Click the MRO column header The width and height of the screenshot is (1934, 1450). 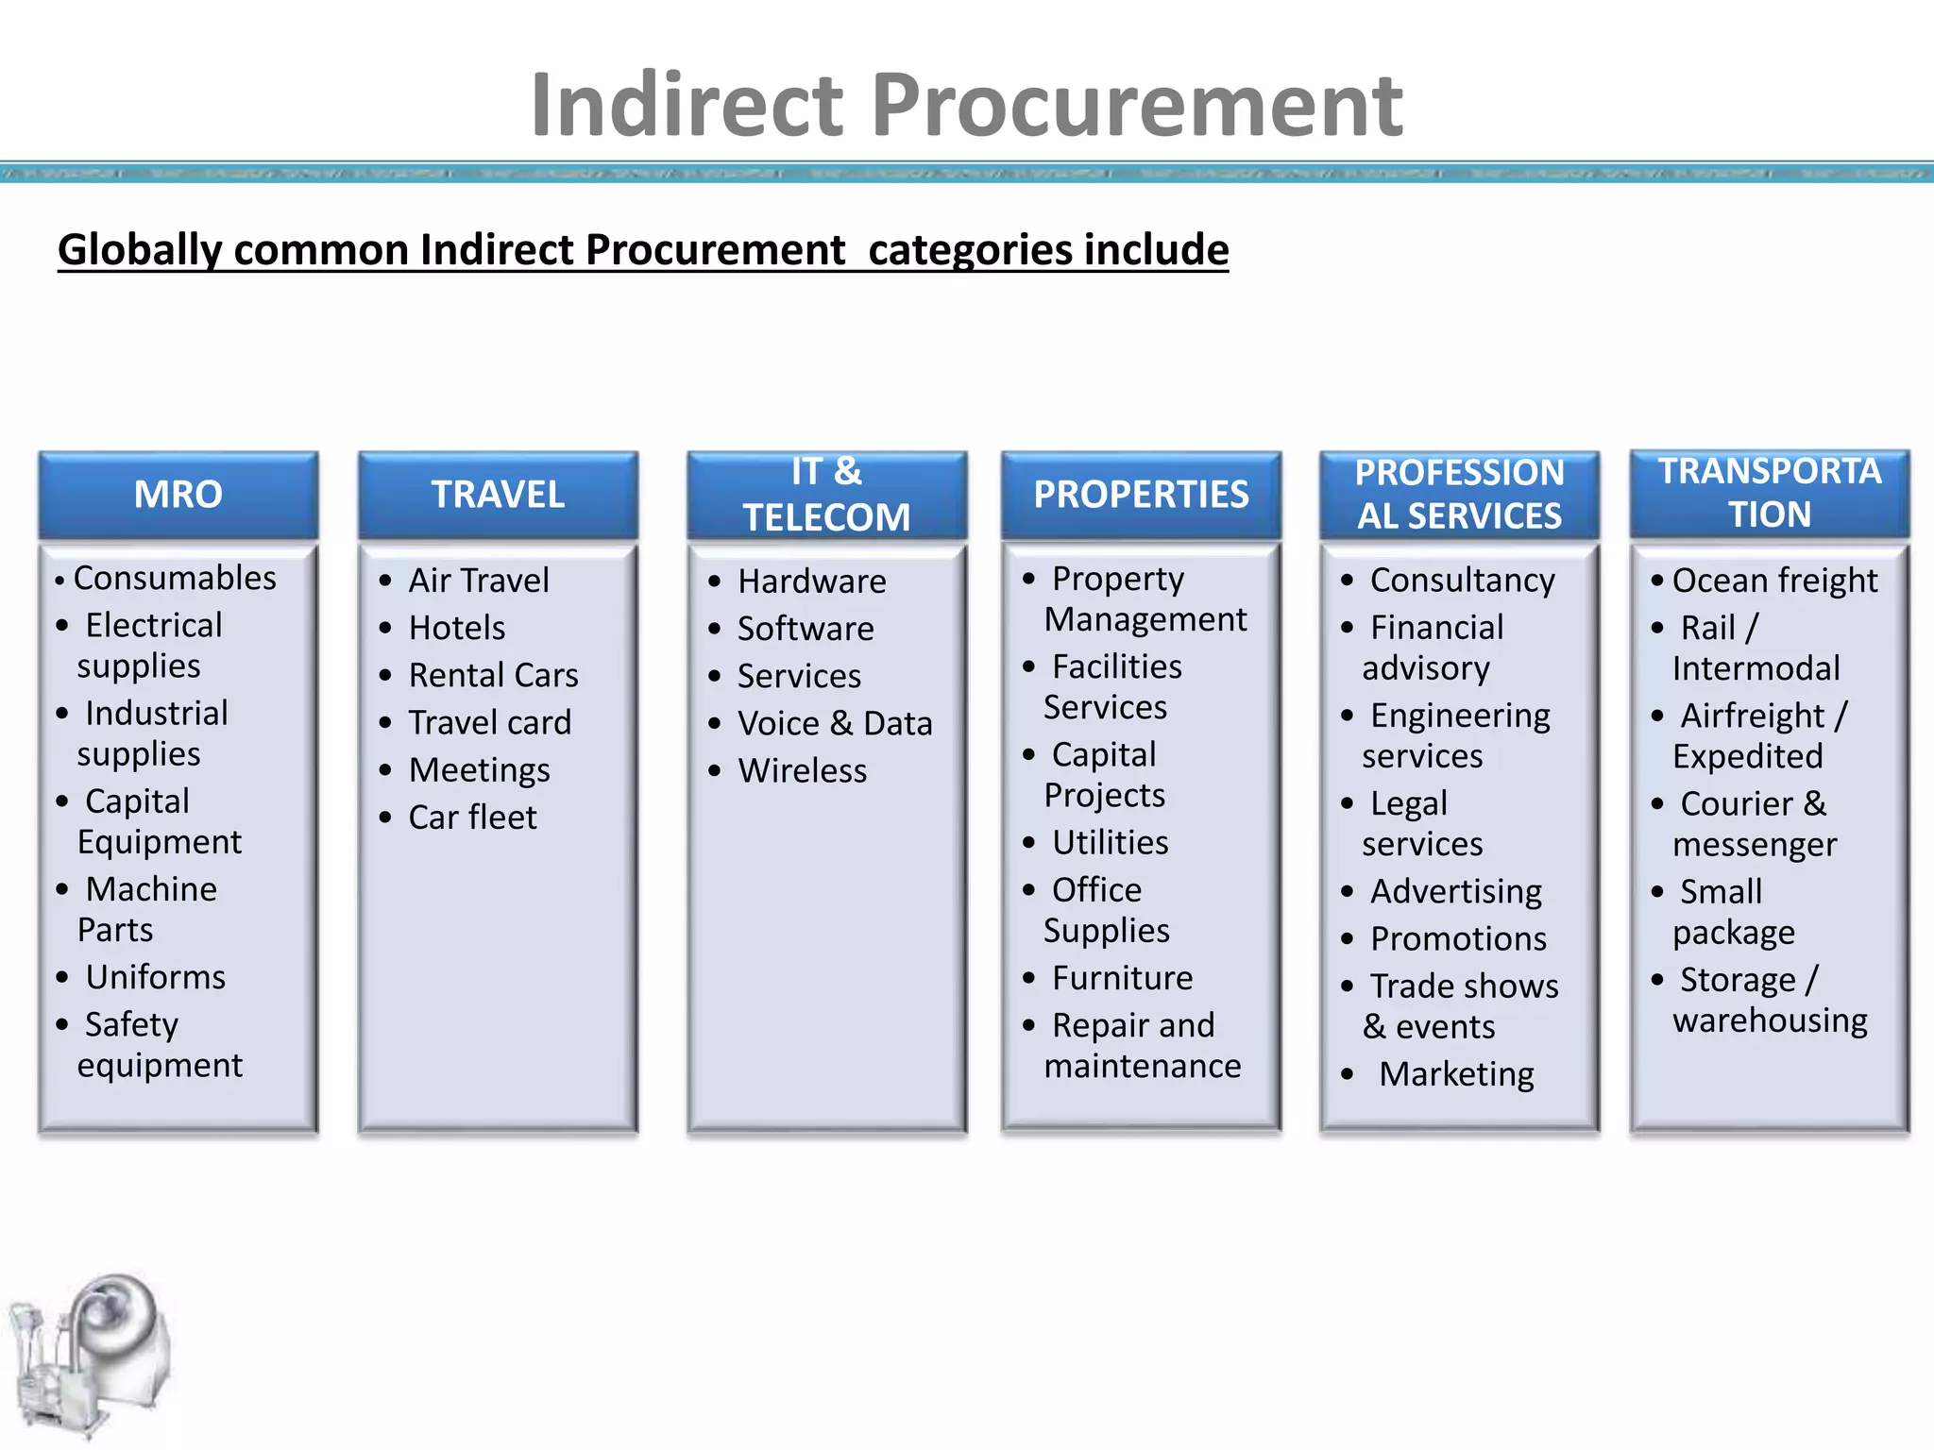178,495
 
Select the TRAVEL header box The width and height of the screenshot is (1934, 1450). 498,495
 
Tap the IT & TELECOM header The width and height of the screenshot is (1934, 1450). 826,495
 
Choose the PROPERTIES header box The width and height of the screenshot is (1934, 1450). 1141,495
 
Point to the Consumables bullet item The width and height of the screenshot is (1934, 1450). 175,578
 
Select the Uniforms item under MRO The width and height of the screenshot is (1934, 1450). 156,977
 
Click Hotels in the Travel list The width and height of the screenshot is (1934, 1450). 457,628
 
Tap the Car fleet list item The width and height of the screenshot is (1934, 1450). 472,818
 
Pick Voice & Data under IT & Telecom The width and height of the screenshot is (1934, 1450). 835,724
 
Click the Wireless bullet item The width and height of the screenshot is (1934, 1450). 803,771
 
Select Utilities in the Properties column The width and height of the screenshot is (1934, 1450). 1111,843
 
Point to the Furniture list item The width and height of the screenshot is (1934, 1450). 1123,978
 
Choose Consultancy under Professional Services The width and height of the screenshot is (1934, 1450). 1463,581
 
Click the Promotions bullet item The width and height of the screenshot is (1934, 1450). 1459,939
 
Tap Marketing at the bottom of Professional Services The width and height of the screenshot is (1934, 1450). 1456,1074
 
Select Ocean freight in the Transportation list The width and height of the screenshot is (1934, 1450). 1775,581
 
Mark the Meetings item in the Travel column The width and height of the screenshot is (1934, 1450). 480,770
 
